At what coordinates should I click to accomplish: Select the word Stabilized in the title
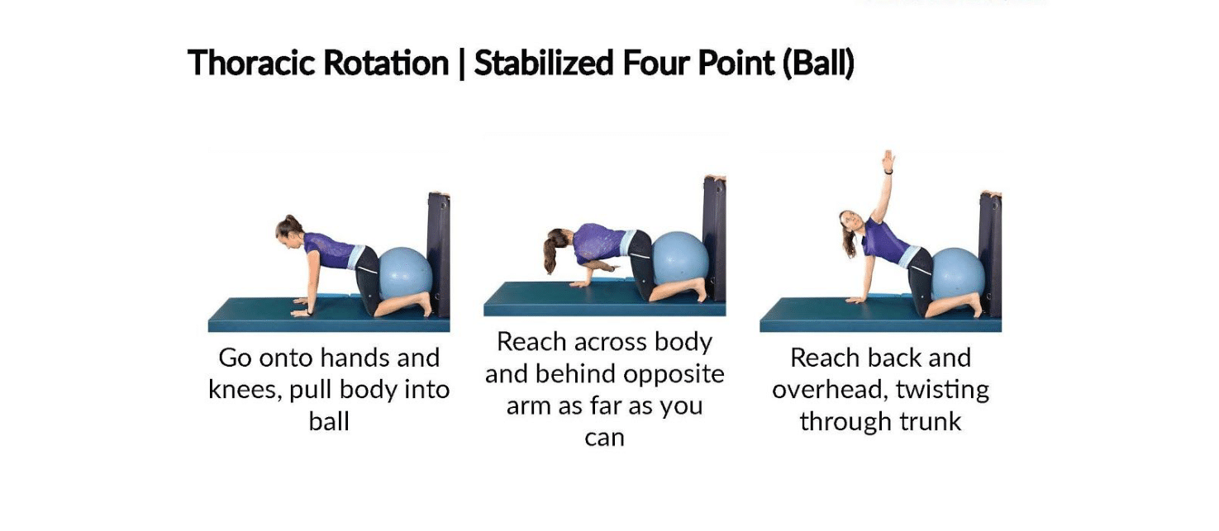coord(544,63)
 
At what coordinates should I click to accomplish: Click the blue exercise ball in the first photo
coord(406,277)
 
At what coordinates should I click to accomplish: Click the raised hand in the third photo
coord(888,160)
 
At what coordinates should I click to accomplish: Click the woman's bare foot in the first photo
coord(426,305)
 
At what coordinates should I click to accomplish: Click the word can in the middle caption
coord(604,439)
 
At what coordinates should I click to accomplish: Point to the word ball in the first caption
coord(329,421)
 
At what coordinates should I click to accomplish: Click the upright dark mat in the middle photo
coord(715,237)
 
